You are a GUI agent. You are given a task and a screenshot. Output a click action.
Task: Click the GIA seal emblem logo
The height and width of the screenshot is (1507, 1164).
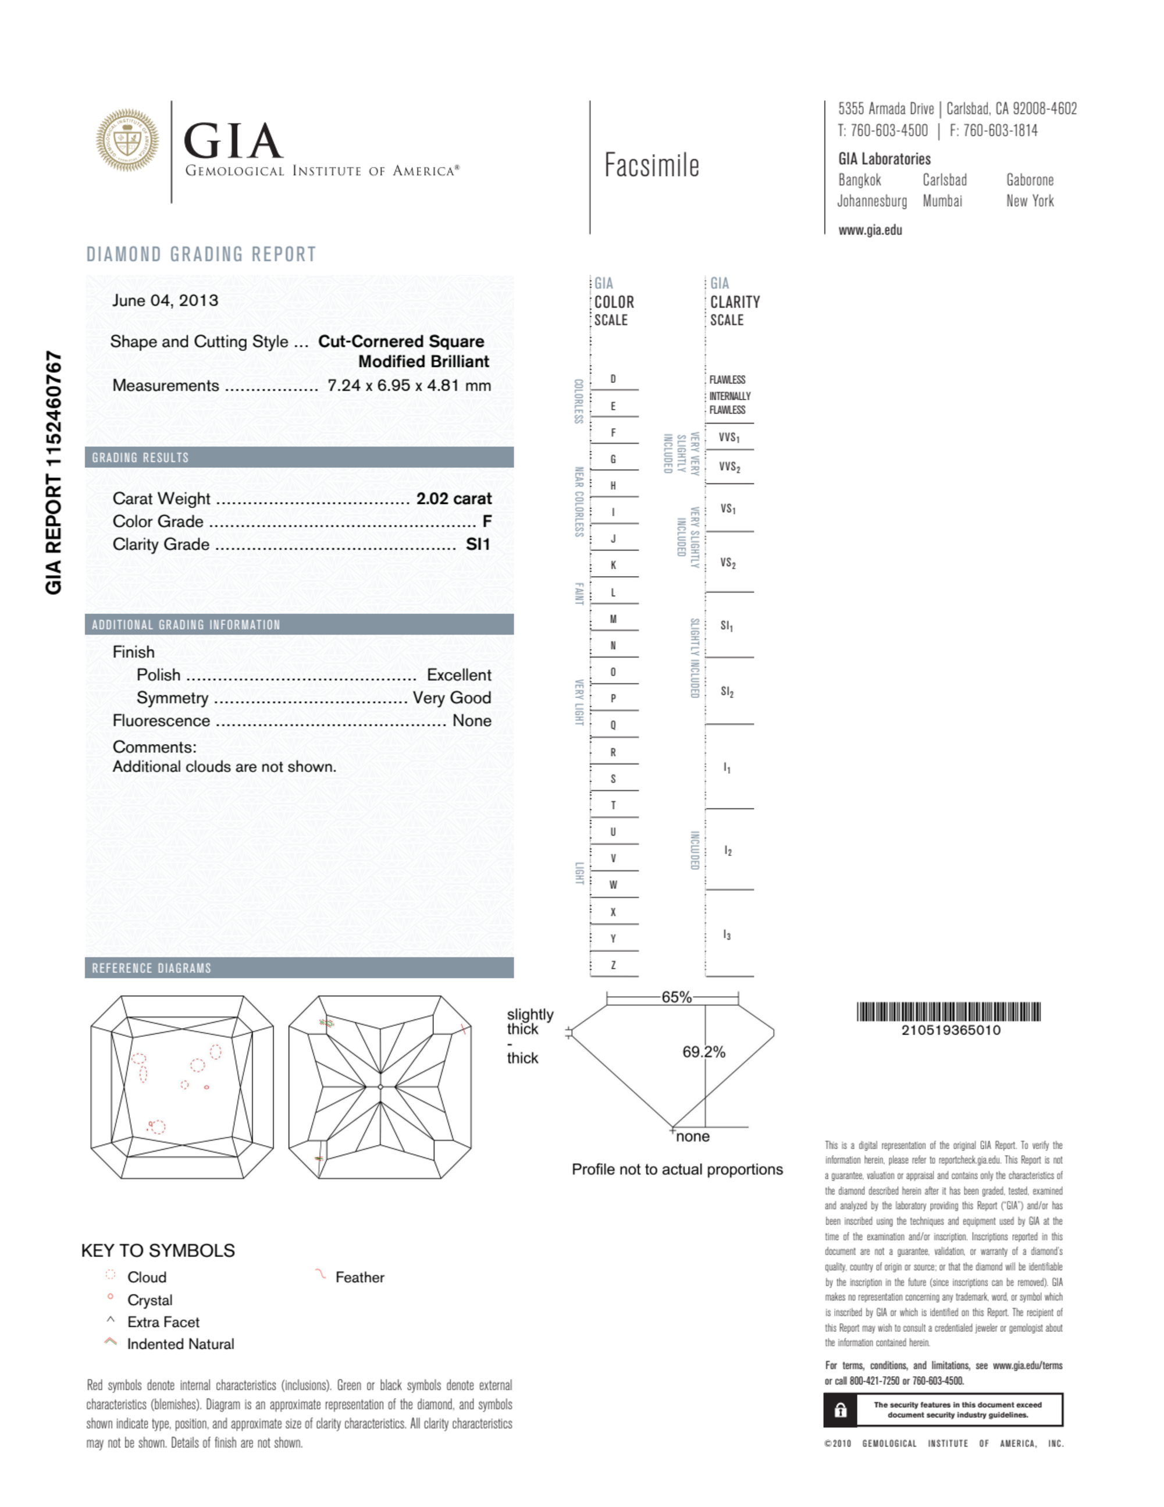coord(127,140)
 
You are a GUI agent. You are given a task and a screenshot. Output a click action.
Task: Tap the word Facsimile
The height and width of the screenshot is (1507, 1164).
coord(652,166)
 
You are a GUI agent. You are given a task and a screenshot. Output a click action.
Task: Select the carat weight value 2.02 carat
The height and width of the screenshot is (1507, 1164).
coord(453,499)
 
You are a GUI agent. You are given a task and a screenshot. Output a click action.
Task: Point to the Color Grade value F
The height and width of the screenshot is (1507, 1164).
coord(486,522)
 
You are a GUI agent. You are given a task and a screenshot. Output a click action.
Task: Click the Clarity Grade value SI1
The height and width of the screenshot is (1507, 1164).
coord(478,545)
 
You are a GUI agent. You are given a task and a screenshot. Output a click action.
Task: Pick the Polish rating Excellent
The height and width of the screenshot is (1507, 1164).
coord(459,675)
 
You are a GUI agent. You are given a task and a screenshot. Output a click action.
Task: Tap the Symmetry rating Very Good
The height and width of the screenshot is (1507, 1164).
coord(452,698)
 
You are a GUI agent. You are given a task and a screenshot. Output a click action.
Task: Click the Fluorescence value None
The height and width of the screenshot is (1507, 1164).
coord(472,720)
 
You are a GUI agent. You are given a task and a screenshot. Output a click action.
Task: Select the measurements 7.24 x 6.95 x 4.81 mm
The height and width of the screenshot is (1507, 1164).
coord(409,386)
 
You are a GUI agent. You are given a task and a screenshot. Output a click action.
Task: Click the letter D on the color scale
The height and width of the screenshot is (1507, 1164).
coord(613,379)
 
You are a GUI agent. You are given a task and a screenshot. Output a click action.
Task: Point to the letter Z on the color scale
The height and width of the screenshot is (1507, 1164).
coord(613,965)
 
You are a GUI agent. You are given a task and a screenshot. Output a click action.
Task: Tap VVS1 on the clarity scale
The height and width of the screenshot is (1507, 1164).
coord(729,438)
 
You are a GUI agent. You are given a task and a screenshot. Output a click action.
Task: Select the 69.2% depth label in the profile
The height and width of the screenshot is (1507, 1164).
coord(704,1052)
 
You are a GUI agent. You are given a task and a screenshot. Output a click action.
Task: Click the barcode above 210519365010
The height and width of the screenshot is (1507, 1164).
coord(948,1012)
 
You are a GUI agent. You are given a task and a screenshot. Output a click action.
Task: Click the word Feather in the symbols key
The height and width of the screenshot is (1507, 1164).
coord(359,1277)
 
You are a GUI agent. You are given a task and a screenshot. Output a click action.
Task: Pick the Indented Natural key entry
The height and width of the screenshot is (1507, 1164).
coord(180,1344)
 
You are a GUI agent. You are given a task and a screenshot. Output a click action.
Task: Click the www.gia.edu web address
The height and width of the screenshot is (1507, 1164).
coord(870,230)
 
